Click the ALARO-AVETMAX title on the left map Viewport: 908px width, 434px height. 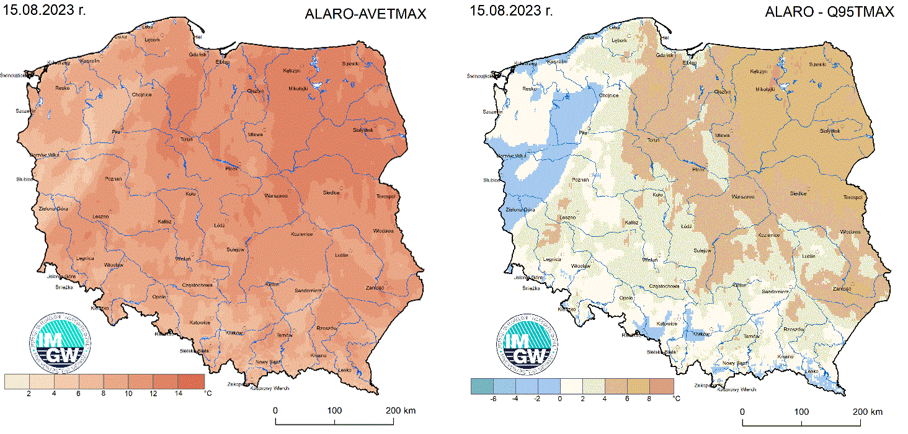point(365,14)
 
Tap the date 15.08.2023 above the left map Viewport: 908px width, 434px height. point(43,11)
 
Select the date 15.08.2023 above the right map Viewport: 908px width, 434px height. point(510,11)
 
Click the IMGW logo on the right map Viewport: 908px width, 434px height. point(527,343)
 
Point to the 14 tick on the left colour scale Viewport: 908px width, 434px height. point(178,394)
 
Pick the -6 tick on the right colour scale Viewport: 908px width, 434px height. point(493,399)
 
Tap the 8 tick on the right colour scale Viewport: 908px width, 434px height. point(649,399)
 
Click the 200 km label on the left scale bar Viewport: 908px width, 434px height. point(400,410)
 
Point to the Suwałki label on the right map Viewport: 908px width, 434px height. point(817,64)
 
